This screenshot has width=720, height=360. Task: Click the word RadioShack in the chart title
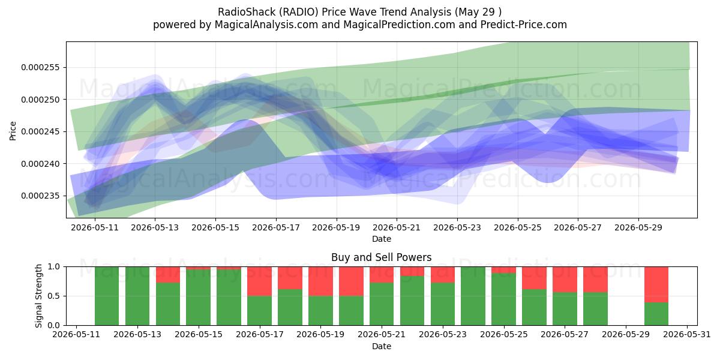(247, 12)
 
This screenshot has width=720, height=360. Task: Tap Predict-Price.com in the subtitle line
(524, 25)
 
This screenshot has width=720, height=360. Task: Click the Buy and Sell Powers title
(381, 257)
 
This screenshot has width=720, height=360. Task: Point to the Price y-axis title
(13, 131)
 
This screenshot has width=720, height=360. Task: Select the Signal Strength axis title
(38, 296)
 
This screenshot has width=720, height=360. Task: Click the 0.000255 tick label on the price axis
(41, 67)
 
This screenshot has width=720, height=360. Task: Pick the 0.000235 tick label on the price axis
(41, 196)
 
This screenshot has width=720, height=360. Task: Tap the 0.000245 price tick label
(41, 131)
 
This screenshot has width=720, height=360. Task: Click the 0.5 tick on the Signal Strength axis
(53, 296)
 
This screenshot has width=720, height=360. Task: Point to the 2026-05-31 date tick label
(687, 335)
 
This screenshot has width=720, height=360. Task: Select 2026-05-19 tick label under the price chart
(336, 227)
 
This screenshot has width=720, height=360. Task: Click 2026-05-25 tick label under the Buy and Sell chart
(503, 335)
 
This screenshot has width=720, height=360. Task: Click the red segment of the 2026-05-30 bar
(656, 284)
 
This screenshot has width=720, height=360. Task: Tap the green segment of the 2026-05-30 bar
(656, 314)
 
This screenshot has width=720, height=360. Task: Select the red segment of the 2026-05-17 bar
(259, 281)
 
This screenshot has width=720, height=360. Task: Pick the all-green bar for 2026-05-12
(107, 296)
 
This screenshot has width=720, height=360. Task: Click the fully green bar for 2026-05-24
(473, 296)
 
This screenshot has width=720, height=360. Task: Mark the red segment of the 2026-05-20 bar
(351, 281)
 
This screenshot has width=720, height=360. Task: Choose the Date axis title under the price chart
(382, 239)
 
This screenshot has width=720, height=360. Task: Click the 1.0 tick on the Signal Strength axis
(53, 266)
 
